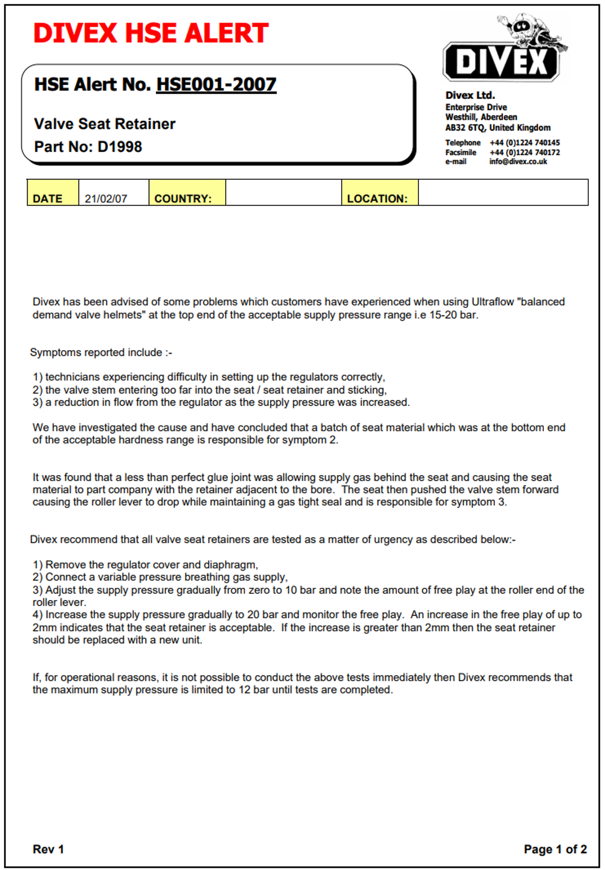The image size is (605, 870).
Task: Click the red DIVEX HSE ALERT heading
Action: coord(151,33)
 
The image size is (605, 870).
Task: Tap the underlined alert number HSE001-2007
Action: coord(216,84)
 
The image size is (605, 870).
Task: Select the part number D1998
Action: coord(120,147)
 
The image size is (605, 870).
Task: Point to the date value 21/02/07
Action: coord(106,199)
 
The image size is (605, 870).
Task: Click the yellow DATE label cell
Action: coord(52,193)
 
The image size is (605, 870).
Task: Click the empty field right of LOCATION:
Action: coord(503,193)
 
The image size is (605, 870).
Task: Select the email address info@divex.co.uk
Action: coord(518,162)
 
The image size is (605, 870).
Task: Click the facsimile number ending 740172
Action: coord(524,152)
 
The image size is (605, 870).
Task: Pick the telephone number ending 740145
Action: coord(524,143)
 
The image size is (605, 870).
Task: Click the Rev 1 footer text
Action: coord(48,849)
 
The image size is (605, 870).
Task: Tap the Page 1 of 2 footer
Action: coord(555,849)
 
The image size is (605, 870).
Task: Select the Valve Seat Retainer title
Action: coord(105,124)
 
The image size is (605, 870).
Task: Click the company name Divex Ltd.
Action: coord(470,95)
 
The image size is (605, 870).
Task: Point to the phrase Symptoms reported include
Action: coord(96,352)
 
